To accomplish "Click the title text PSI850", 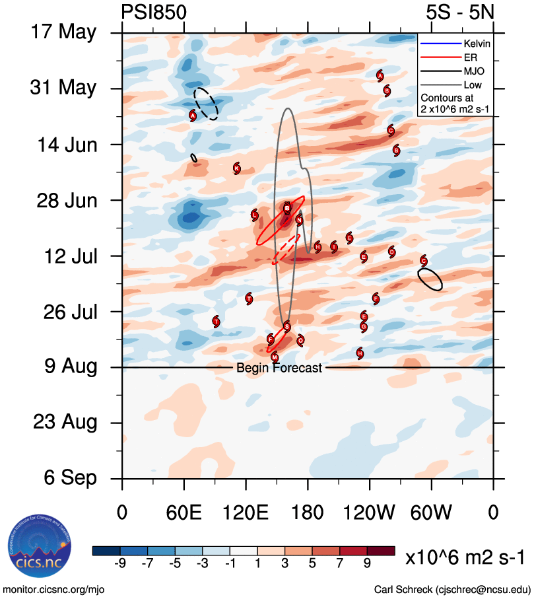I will point(154,12).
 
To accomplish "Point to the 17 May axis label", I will point(63,32).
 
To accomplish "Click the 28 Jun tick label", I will point(63,200).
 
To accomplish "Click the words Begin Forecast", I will point(279,368).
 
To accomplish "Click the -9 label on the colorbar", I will point(119,563).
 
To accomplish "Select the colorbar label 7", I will point(339,563).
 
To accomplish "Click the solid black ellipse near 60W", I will point(430,279).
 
